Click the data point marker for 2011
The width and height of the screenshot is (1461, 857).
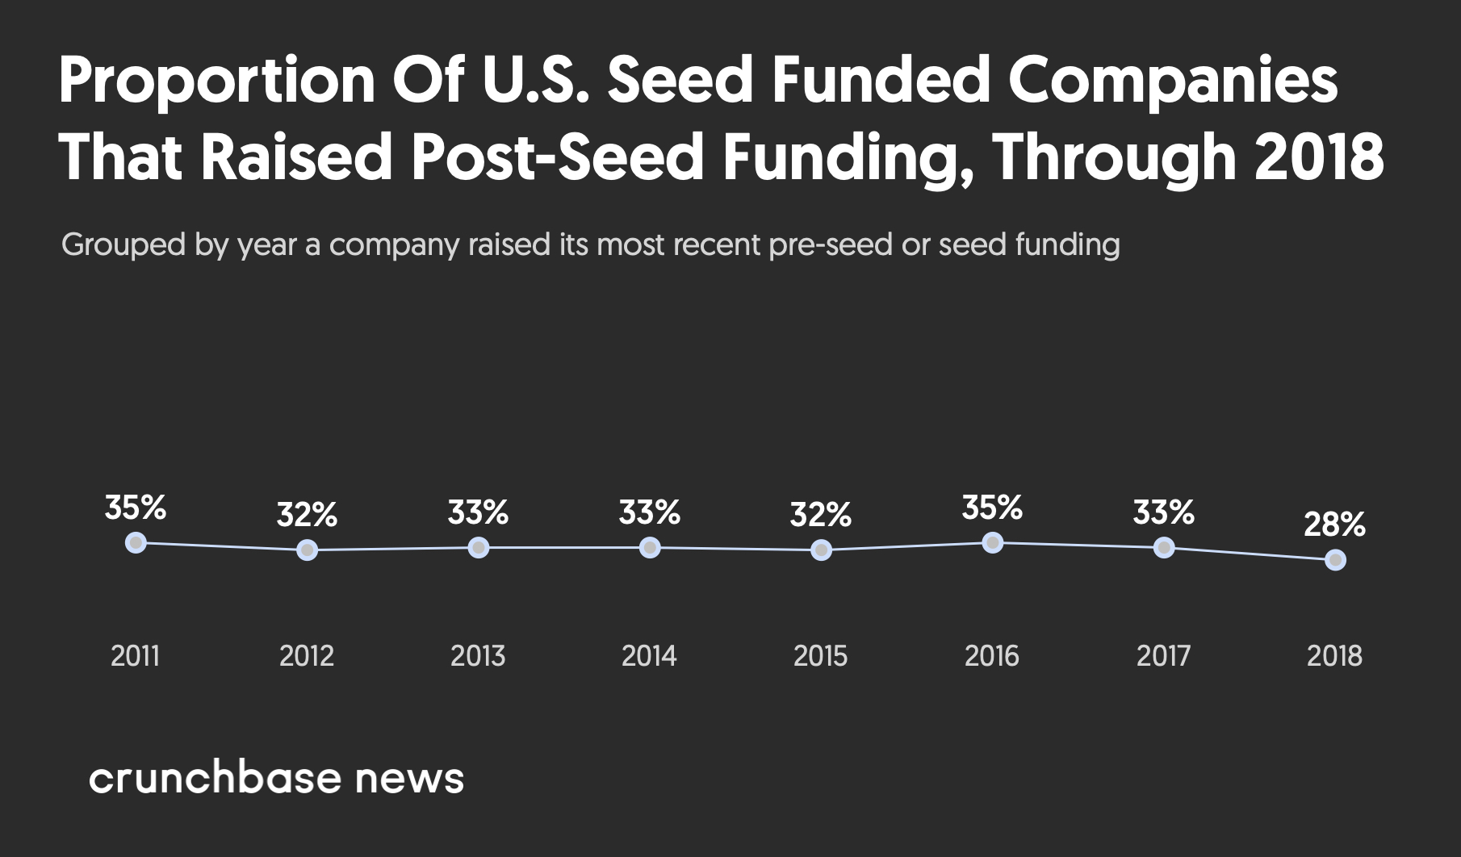coord(136,542)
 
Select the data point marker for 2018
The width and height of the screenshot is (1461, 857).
coord(1335,559)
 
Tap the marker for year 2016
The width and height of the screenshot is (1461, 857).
coord(993,542)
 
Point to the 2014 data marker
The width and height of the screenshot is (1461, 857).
coord(650,548)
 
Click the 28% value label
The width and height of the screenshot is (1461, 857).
coord(1334,525)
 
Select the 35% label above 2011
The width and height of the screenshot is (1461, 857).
coord(136,508)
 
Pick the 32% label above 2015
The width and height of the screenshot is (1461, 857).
coord(821,515)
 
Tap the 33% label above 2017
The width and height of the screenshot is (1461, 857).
coord(1163,512)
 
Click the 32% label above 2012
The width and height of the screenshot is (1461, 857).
coord(307,515)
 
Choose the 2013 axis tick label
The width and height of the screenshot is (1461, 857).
coord(478,656)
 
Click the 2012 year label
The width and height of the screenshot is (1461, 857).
coord(307,656)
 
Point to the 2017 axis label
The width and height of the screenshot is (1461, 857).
coord(1163,656)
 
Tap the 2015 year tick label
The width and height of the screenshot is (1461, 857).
coord(821,656)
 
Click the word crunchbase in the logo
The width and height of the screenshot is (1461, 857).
coord(215,778)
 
